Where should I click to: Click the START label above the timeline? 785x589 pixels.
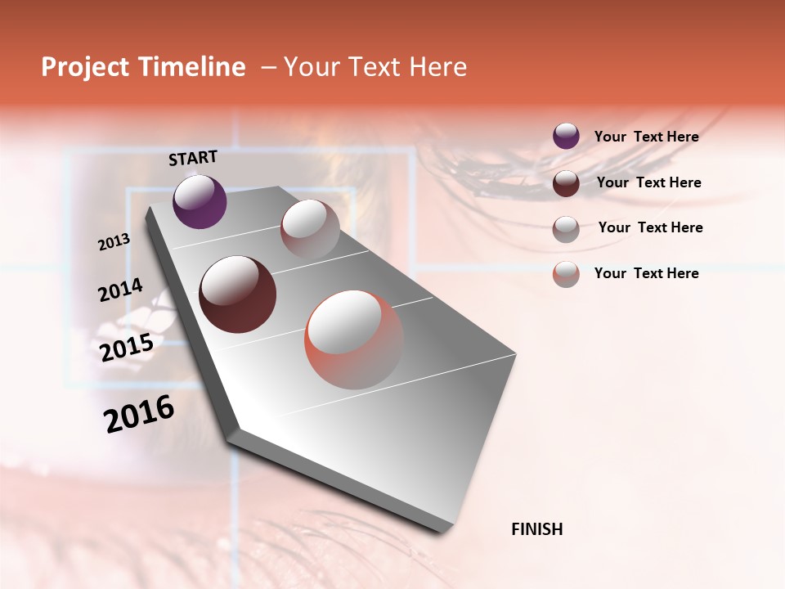[193, 158]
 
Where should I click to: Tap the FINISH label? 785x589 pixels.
[536, 529]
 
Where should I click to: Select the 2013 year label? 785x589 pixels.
[114, 241]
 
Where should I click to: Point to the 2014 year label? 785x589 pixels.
[120, 290]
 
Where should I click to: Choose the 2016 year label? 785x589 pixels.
[139, 414]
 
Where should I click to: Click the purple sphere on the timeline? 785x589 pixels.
[200, 201]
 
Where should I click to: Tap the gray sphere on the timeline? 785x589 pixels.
[310, 229]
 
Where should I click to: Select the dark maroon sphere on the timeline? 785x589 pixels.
[237, 294]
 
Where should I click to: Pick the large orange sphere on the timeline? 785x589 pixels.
[354, 339]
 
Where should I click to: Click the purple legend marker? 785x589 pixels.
[566, 137]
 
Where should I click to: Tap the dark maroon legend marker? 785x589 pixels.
[566, 183]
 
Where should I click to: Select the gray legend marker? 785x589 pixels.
[566, 228]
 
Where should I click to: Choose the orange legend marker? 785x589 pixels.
[566, 273]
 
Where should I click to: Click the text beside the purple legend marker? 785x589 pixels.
[646, 137]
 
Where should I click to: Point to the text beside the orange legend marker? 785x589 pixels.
[646, 273]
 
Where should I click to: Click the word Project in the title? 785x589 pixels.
[86, 67]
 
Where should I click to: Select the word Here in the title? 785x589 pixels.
[438, 67]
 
